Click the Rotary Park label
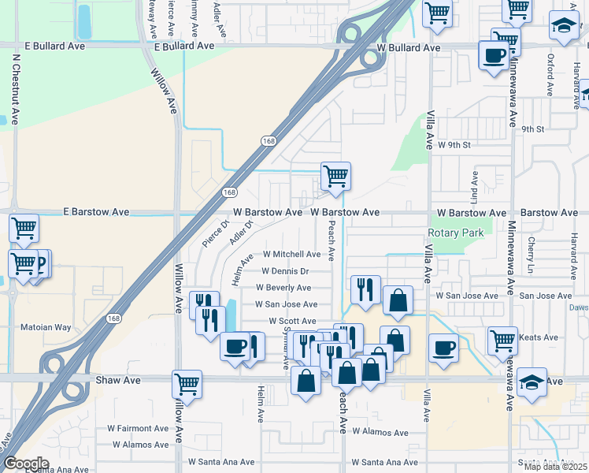click(456, 233)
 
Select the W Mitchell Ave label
click(291, 255)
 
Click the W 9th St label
click(454, 145)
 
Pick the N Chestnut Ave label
click(16, 86)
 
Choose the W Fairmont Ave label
click(138, 429)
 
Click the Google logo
click(26, 464)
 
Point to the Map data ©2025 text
click(555, 467)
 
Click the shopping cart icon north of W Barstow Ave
click(335, 177)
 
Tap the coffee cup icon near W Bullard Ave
click(494, 56)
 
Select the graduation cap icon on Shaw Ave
click(532, 383)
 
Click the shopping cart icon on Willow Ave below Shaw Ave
click(187, 385)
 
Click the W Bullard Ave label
click(408, 47)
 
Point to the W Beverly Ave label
click(283, 288)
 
